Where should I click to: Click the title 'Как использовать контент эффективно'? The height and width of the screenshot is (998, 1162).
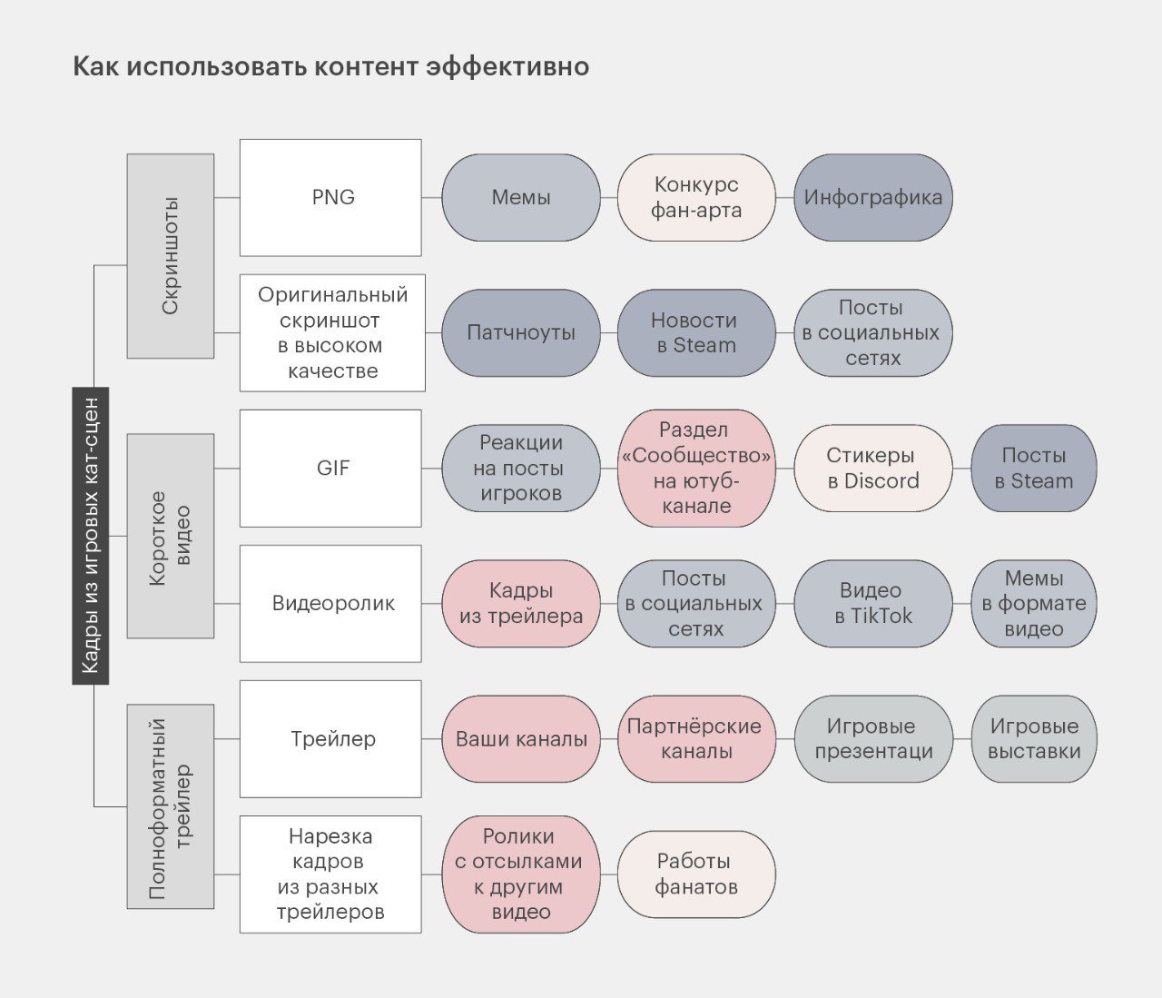coord(331,66)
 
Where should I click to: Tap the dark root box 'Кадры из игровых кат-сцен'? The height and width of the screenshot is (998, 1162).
coord(91,535)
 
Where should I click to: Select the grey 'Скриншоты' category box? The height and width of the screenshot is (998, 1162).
coord(171,256)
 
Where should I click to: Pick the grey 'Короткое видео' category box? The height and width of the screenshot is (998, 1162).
coord(171,536)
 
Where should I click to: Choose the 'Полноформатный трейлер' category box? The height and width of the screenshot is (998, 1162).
coord(171,806)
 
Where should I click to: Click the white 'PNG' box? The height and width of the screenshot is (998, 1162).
coord(330,197)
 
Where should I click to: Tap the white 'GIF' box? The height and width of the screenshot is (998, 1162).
coord(330,468)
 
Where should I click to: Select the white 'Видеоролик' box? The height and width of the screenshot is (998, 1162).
coord(330,603)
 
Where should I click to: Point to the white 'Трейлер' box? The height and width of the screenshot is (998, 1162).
coord(330,739)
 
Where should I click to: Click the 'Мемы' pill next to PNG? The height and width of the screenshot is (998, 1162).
coord(521,197)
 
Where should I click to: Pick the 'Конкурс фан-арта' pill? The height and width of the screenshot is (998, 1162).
coord(696,197)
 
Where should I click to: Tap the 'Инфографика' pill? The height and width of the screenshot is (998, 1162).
coord(873,197)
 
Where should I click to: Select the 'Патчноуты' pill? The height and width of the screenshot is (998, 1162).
coord(521,333)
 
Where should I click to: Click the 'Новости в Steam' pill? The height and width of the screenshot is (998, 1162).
coord(696,333)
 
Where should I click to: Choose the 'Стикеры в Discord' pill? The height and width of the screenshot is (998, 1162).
coord(873,468)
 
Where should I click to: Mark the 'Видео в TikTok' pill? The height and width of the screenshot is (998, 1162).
coord(873,603)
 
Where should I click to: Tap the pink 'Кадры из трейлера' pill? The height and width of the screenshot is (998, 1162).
coord(521,603)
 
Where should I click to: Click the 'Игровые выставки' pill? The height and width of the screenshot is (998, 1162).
coord(1034,739)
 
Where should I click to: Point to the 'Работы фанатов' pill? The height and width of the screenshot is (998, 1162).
coord(696,874)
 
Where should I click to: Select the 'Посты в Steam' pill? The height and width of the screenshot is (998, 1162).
coord(1034,468)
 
